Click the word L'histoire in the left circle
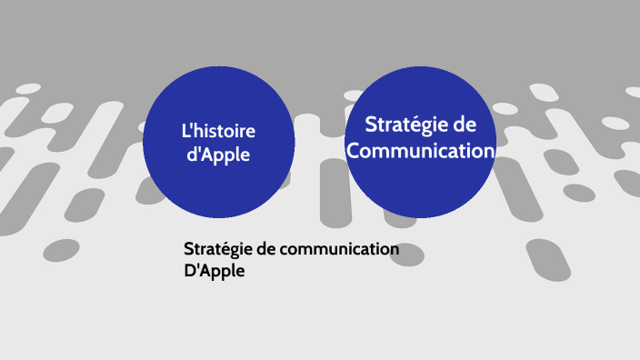[218, 132]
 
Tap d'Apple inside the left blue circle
[218, 155]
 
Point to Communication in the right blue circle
[421, 150]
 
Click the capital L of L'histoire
[185, 132]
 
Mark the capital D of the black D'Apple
[189, 270]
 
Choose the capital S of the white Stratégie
[370, 125]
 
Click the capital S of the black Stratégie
[188, 250]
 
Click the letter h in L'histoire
[199, 132]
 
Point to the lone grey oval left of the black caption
[62, 250]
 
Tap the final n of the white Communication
[489, 151]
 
